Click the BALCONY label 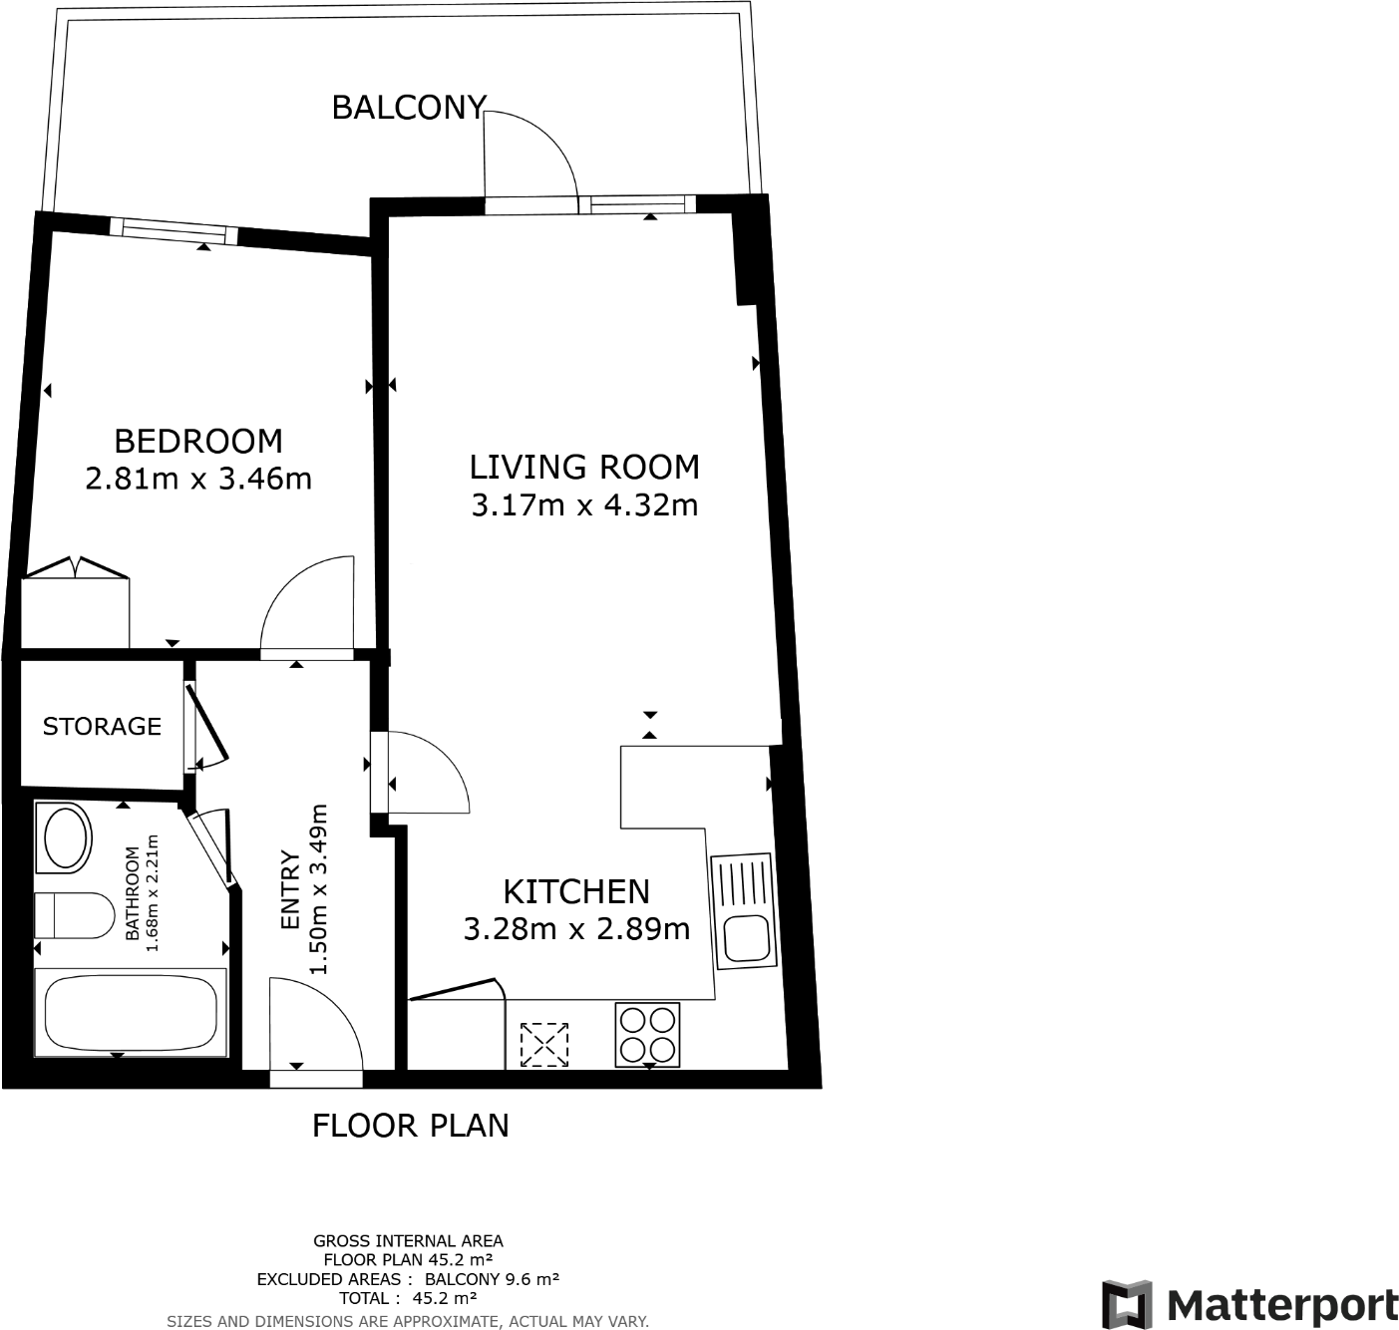pyautogui.click(x=409, y=108)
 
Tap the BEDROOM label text pyautogui.click(x=198, y=441)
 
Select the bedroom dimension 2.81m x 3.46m pyautogui.click(x=198, y=480)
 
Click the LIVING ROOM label pyautogui.click(x=584, y=467)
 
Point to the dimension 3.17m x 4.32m pyautogui.click(x=584, y=505)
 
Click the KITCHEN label pyautogui.click(x=576, y=890)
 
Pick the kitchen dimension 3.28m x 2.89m pyautogui.click(x=576, y=929)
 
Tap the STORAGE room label pyautogui.click(x=102, y=726)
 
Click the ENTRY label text pyautogui.click(x=290, y=890)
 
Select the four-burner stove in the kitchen pyautogui.click(x=648, y=1035)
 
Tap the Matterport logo pyautogui.click(x=1250, y=1304)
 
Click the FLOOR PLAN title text pyautogui.click(x=411, y=1126)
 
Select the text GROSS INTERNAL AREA pyautogui.click(x=408, y=1241)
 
